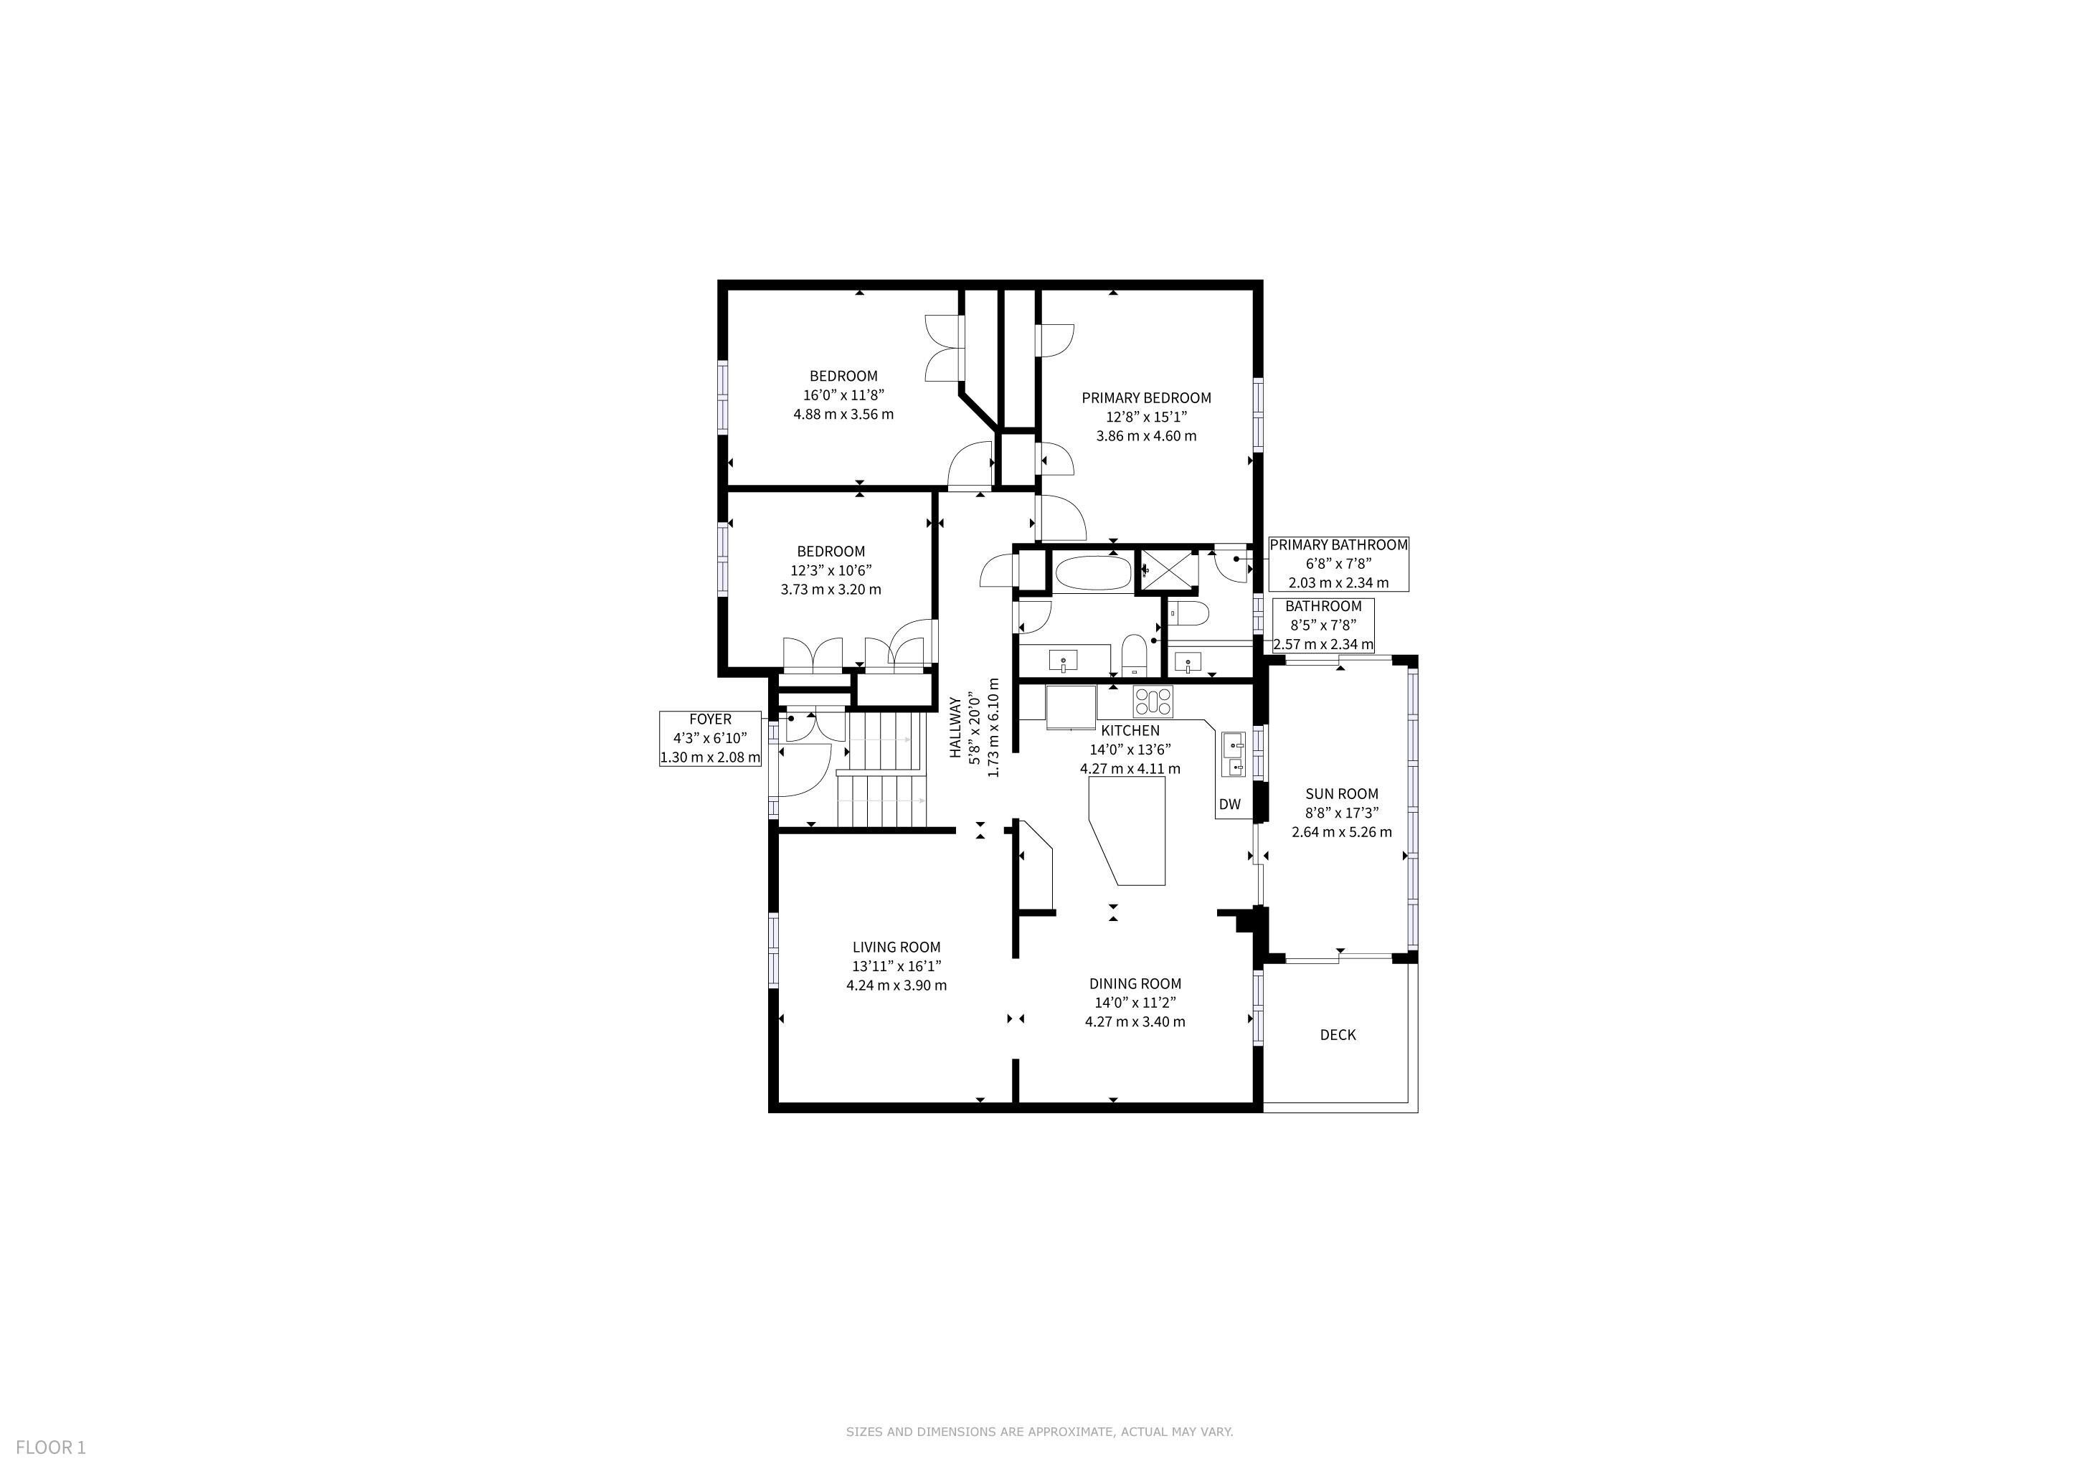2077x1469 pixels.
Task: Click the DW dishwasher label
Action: [x=1229, y=804]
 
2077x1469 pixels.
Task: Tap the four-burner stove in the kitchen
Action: [x=1153, y=701]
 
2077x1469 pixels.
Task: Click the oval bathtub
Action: [x=1093, y=574]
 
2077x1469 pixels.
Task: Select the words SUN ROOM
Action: [x=1342, y=794]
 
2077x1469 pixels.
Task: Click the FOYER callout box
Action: [x=710, y=738]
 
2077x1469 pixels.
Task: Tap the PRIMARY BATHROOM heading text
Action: [x=1339, y=545]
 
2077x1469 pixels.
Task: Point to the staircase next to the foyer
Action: [x=882, y=770]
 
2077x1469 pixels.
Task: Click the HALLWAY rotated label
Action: [x=955, y=727]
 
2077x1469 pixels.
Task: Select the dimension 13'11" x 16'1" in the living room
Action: [x=896, y=966]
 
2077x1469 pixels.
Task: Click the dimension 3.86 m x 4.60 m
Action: [x=1146, y=436]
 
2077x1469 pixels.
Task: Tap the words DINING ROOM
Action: [x=1135, y=984]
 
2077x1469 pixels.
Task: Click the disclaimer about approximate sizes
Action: [x=1039, y=1432]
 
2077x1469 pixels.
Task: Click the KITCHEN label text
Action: [x=1130, y=731]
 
